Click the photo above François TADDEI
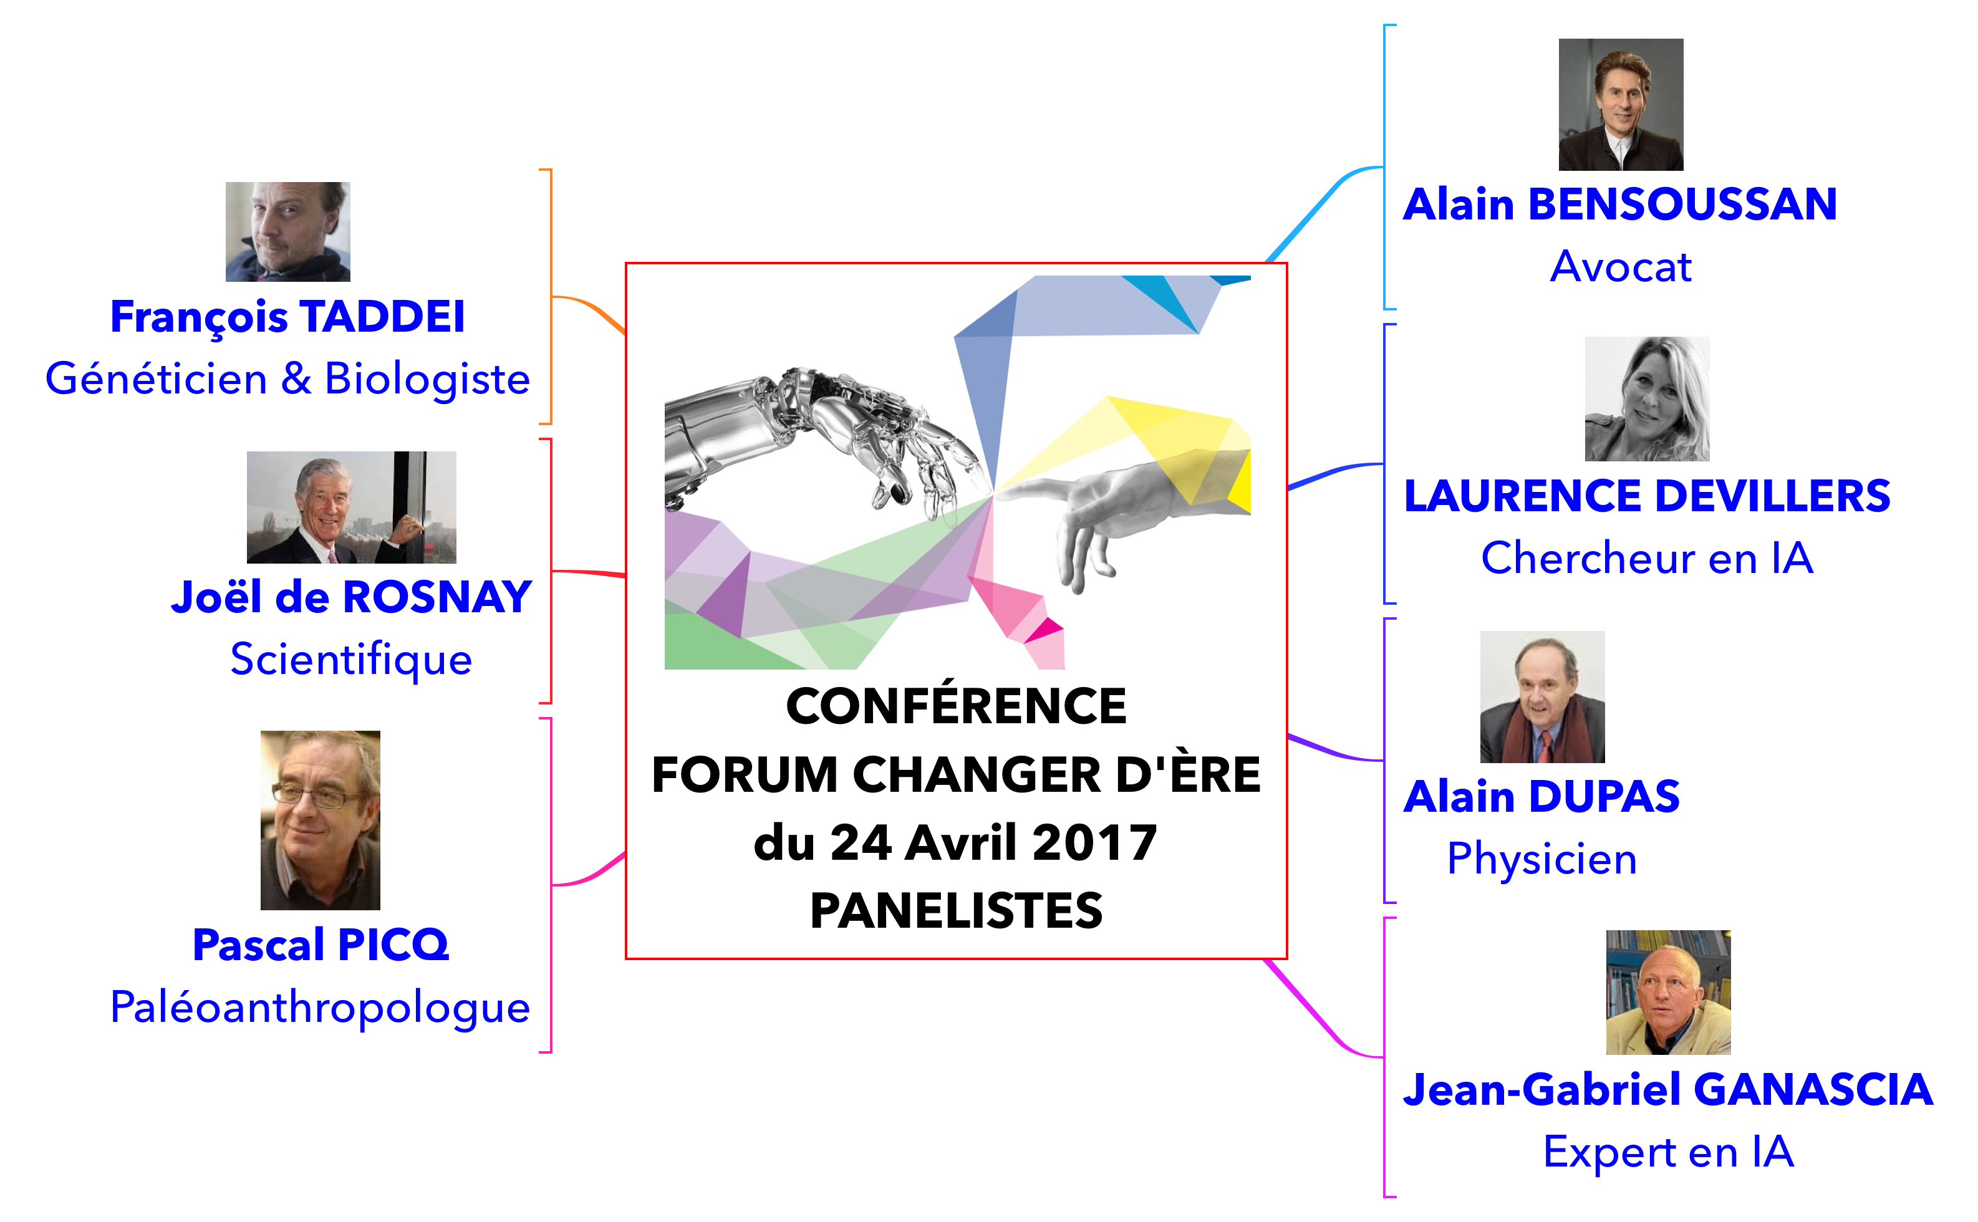coord(287,232)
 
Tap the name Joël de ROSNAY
coord(351,597)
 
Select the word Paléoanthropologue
coord(320,1007)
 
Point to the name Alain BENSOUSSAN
coord(1620,204)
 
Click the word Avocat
coord(1621,267)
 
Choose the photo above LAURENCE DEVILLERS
coord(1647,398)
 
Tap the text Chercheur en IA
coord(1647,559)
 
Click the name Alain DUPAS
coord(1541,797)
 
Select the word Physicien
coord(1541,859)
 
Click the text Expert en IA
coord(1669,1152)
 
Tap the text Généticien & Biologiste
coord(287,379)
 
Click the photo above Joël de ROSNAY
coord(351,507)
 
